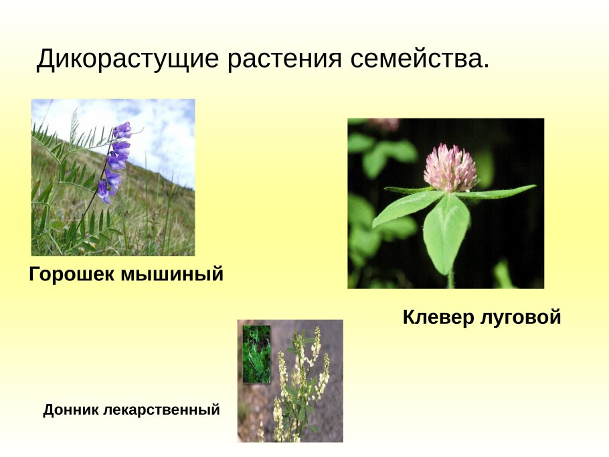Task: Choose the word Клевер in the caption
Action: coord(438,318)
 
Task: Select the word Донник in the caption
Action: coord(71,409)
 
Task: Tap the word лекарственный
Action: coord(161,409)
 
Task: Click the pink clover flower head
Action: coord(450,168)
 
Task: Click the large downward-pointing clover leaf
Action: coord(446,231)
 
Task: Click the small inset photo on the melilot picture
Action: coord(256,354)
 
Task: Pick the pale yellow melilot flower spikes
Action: coord(311,375)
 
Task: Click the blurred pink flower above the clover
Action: coord(384,125)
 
